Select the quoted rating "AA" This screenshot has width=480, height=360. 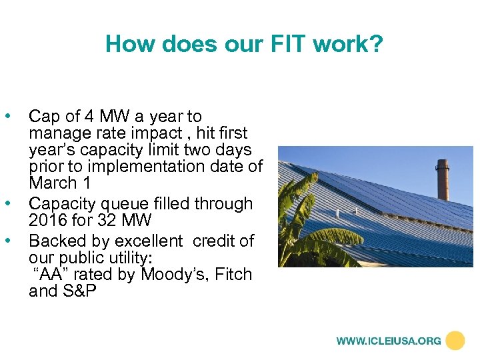[x=49, y=274]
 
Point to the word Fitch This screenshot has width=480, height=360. [x=233, y=274]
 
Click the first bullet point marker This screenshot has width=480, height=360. [x=8, y=117]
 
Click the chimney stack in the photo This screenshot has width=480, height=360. [x=443, y=179]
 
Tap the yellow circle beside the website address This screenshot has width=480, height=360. [x=455, y=341]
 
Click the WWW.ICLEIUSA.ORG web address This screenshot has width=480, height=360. [x=388, y=341]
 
